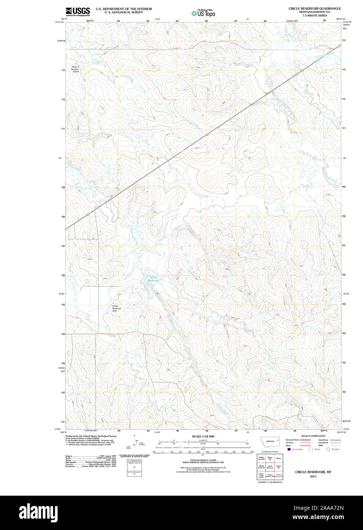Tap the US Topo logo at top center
203,13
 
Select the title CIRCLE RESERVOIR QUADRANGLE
315,8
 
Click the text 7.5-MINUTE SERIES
315,16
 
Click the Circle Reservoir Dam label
117,308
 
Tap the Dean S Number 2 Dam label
75,69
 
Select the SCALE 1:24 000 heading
203,436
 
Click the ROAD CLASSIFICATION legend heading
313,436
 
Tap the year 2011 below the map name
313,476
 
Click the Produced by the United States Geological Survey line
91,436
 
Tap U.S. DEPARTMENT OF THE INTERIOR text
124,9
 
